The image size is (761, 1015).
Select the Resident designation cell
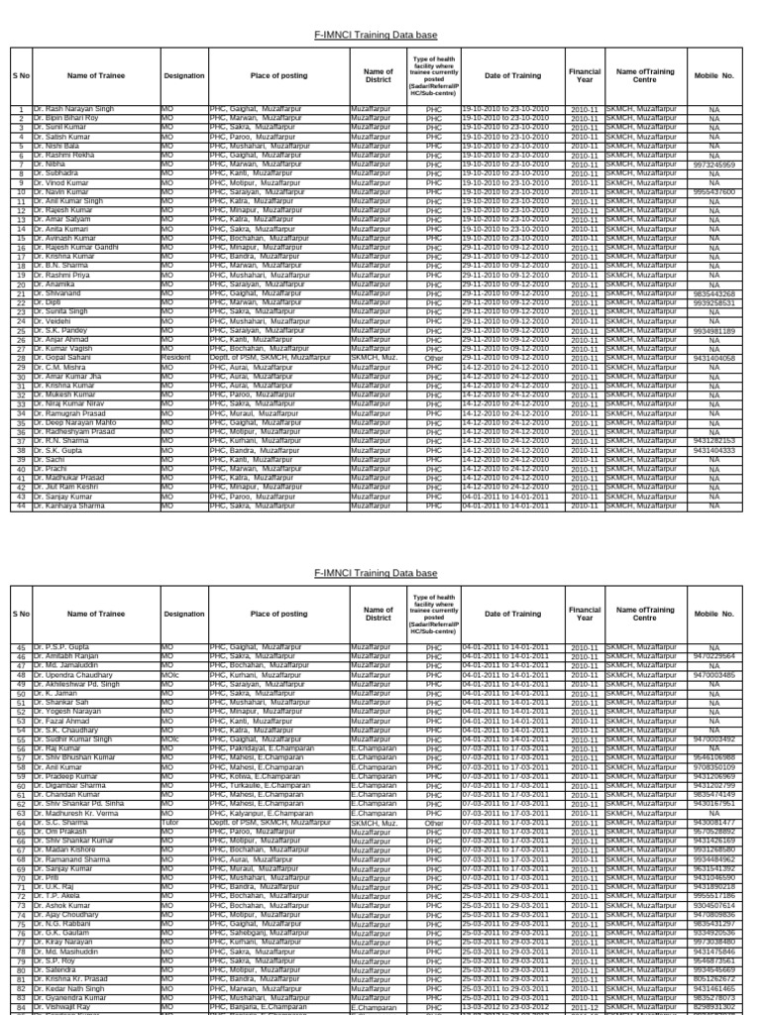pyautogui.click(x=177, y=358)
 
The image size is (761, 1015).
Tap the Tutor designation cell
pyautogui.click(x=171, y=822)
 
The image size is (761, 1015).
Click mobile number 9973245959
pyautogui.click(x=713, y=165)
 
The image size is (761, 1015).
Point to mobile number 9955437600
pyautogui.click(x=713, y=192)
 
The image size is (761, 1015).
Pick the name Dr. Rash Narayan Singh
pyautogui.click(x=73, y=108)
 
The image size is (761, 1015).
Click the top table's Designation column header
pyautogui.click(x=184, y=75)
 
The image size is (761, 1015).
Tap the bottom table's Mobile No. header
pyautogui.click(x=713, y=614)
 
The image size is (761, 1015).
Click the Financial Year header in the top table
pyautogui.click(x=585, y=75)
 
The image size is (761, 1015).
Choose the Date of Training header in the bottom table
pyautogui.click(x=512, y=614)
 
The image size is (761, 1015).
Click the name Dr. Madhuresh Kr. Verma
pyautogui.click(x=80, y=813)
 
